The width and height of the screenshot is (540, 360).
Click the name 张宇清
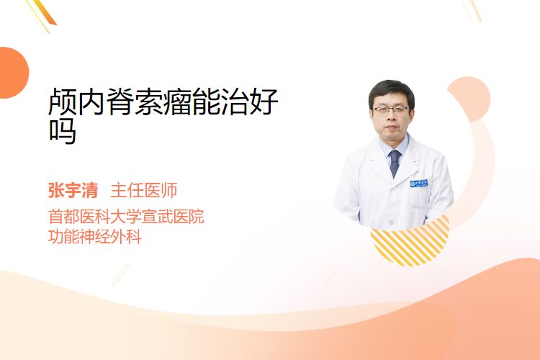pos(73,191)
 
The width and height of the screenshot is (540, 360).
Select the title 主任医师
pos(143,191)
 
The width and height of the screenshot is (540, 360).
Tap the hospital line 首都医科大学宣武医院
pos(126,217)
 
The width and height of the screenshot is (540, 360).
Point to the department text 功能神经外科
pos(95,237)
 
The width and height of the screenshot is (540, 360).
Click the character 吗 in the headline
pos(63,131)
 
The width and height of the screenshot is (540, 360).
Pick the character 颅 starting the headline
pos(63,102)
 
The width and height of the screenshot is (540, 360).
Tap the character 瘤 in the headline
pos(177,102)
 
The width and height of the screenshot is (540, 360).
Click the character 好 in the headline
pos(264,102)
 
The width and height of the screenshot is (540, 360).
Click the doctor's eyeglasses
pos(391,110)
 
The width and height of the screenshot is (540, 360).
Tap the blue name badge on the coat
pos(419,184)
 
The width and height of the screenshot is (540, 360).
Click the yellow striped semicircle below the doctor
pos(410,243)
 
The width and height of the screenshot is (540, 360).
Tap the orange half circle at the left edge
pos(12,73)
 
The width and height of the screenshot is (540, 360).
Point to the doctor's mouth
pos(391,127)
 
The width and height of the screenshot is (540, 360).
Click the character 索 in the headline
pos(148,102)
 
